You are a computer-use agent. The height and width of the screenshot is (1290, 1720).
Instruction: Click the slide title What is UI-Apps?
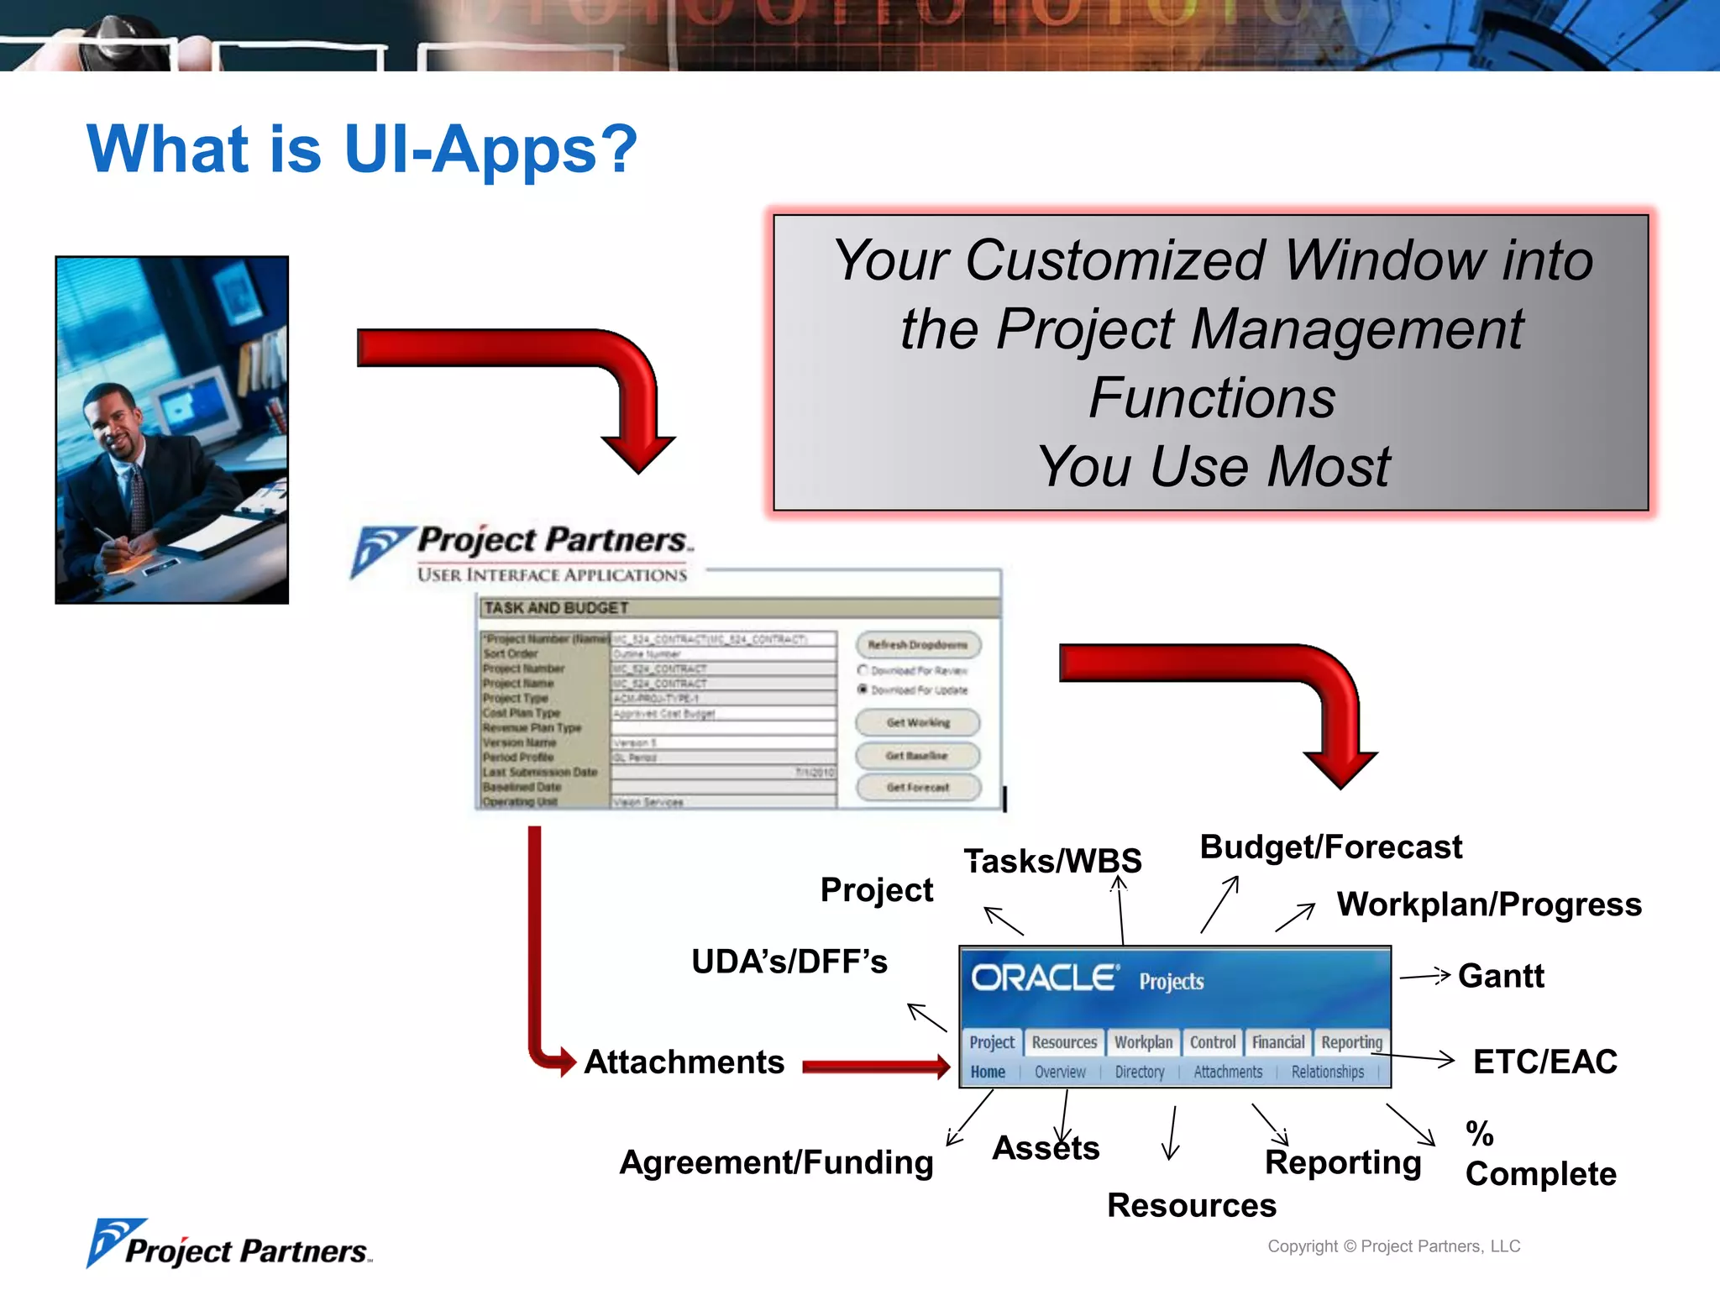(362, 149)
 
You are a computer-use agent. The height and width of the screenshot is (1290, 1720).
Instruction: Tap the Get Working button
(917, 722)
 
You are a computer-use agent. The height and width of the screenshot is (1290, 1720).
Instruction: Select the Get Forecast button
(917, 787)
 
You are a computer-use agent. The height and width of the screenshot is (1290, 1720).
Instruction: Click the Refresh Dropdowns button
(917, 645)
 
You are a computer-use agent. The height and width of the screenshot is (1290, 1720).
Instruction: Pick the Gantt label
(1500, 976)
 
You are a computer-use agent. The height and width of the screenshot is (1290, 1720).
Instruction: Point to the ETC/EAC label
(1544, 1062)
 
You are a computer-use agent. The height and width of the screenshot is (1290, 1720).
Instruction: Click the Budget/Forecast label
(1330, 847)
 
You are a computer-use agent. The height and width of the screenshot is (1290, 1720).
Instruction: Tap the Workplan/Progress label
(1488, 905)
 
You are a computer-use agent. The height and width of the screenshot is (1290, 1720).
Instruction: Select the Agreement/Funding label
(776, 1162)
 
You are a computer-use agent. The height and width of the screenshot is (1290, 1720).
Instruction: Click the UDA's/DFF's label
(789, 962)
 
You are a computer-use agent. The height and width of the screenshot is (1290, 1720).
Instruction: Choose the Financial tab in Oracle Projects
(1277, 1042)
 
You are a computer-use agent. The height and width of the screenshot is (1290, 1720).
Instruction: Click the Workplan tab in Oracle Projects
(1143, 1042)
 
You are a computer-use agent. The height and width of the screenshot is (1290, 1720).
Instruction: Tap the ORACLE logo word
(1044, 978)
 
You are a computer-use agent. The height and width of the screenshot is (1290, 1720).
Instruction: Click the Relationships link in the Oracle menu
(1327, 1072)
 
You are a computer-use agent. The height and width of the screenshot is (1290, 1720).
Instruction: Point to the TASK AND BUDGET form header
(556, 607)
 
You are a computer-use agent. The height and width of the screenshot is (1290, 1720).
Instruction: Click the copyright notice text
(1393, 1246)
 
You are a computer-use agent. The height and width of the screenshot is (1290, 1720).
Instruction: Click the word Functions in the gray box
(1211, 397)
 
